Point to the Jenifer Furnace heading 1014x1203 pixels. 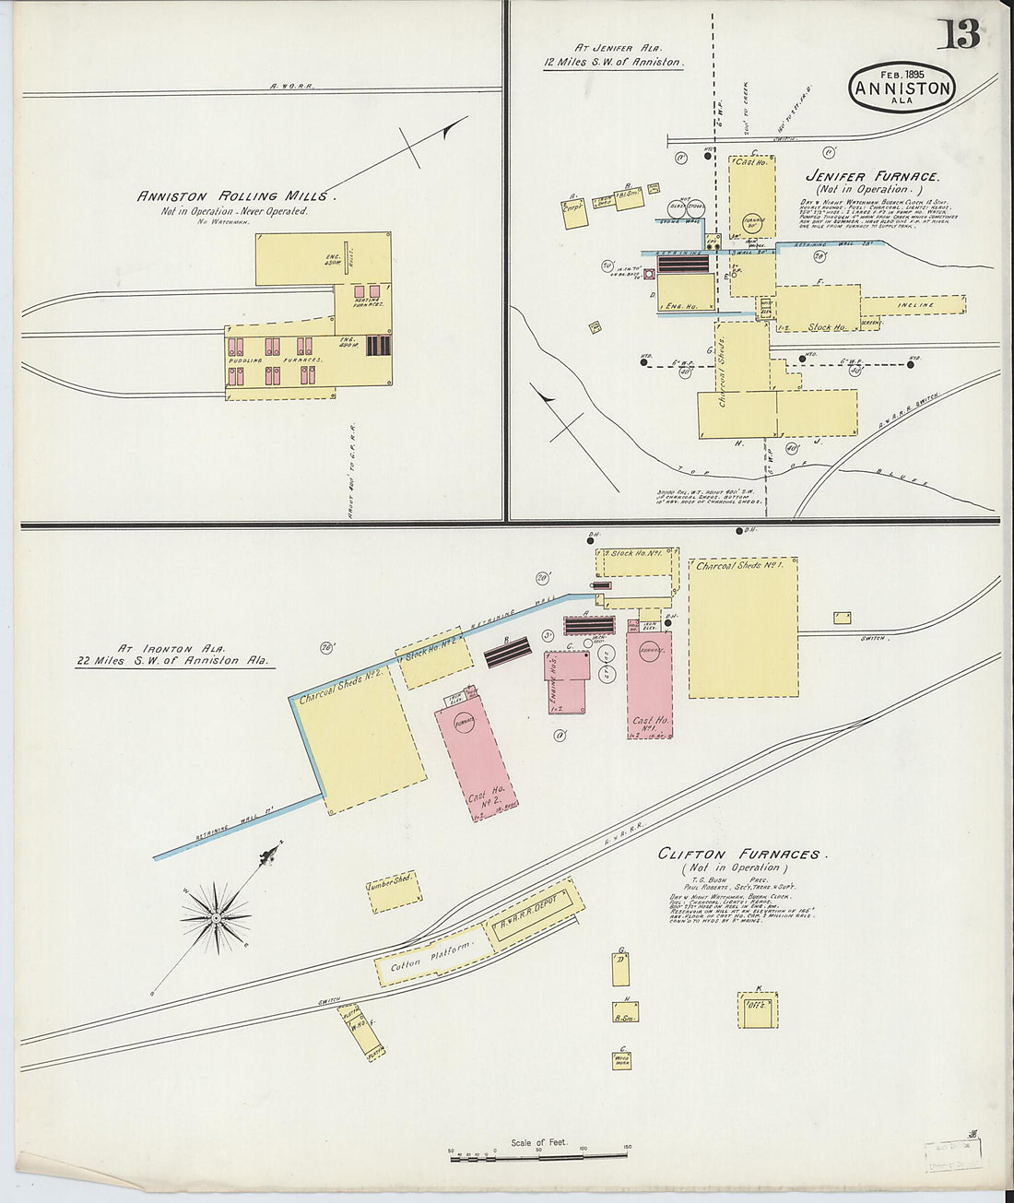pos(872,176)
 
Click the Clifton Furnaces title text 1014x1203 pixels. pos(738,854)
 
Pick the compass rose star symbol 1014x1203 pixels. pos(216,917)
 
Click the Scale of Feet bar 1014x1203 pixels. pos(539,1155)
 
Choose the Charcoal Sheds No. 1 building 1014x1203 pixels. pos(743,627)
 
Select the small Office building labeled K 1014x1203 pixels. pos(758,1009)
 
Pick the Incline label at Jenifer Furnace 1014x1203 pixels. pos(914,304)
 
